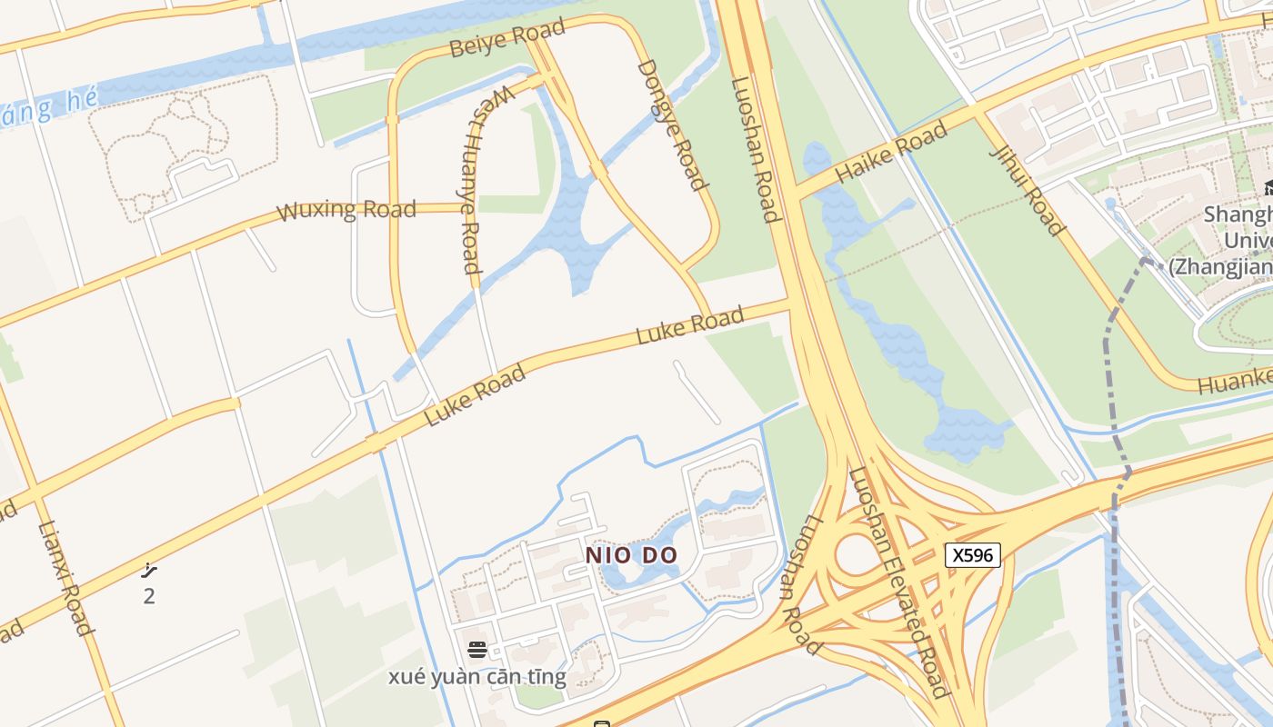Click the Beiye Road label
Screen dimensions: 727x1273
507,38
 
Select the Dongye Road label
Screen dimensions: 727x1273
673,125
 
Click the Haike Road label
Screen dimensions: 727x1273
890,154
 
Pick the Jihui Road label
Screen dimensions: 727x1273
1026,189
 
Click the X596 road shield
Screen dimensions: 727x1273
972,555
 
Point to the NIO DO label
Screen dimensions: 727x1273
632,554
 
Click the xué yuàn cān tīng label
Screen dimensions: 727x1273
476,677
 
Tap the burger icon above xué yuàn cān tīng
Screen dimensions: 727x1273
476,649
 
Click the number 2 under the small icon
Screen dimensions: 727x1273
149,597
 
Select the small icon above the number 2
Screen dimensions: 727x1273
150,572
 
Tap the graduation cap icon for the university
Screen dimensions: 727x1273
1268,189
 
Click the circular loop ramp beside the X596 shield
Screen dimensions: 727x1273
855,554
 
